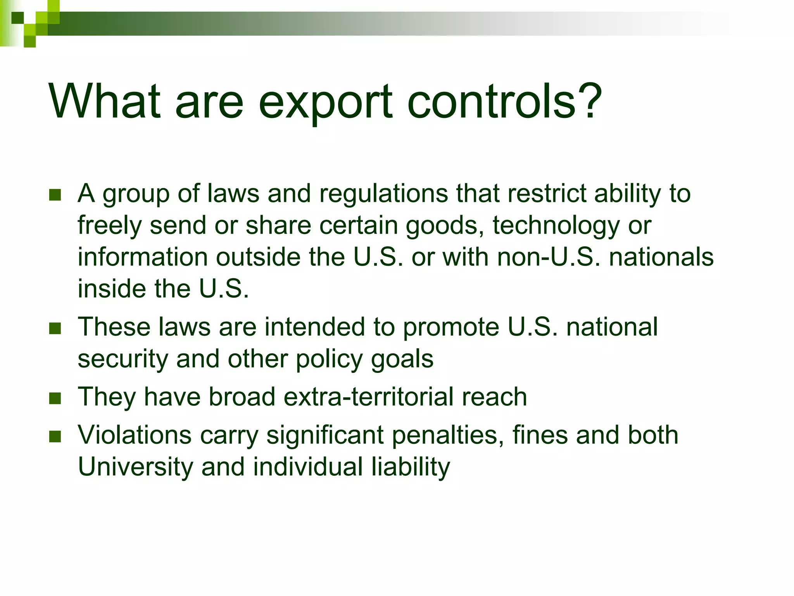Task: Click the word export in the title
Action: pos(325,102)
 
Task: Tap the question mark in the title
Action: pos(588,100)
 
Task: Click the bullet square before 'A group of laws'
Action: pos(55,195)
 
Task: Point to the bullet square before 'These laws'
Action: pos(55,328)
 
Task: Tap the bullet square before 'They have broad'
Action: pos(55,398)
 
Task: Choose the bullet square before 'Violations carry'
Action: pos(55,436)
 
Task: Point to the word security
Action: pos(123,359)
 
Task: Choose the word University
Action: pos(135,466)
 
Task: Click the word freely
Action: pos(110,226)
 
